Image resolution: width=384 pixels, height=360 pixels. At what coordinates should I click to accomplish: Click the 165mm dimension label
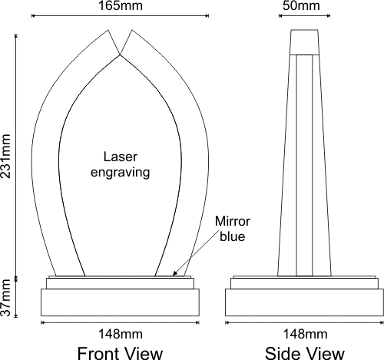click(x=121, y=5)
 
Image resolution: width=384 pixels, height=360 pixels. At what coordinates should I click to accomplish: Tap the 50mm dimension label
click(x=301, y=5)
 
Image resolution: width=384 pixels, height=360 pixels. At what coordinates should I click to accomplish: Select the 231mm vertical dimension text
click(x=5, y=156)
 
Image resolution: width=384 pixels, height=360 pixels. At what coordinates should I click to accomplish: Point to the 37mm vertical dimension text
click(x=5, y=298)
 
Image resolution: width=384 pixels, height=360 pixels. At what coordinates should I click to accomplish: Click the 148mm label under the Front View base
click(x=121, y=334)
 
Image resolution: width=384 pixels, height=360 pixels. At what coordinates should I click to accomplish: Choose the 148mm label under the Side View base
click(x=305, y=334)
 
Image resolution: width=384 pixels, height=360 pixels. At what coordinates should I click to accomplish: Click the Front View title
click(x=120, y=353)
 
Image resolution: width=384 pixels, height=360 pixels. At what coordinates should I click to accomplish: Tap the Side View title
click(x=305, y=353)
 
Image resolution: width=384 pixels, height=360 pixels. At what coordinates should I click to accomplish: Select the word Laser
click(x=121, y=157)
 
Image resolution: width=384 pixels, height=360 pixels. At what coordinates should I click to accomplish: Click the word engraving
click(x=121, y=173)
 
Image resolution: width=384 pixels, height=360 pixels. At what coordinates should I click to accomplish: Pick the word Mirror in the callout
click(x=233, y=221)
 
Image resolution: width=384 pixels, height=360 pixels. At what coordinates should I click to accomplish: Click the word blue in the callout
click(x=233, y=236)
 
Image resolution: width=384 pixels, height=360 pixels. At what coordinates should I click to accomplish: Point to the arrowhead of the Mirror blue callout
click(x=174, y=274)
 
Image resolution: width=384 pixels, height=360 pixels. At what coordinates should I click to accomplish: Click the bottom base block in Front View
click(x=120, y=302)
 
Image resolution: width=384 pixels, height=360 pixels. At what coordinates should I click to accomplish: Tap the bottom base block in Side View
click(x=304, y=302)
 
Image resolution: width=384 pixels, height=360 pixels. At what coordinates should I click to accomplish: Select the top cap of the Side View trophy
click(x=304, y=42)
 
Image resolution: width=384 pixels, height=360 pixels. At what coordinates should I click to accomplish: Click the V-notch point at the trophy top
click(x=120, y=54)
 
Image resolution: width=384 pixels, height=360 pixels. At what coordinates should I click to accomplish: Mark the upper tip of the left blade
click(x=108, y=30)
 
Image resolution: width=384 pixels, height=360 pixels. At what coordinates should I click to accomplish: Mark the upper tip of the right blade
click(x=132, y=30)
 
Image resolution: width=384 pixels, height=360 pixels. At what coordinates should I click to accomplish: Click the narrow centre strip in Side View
click(x=304, y=165)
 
